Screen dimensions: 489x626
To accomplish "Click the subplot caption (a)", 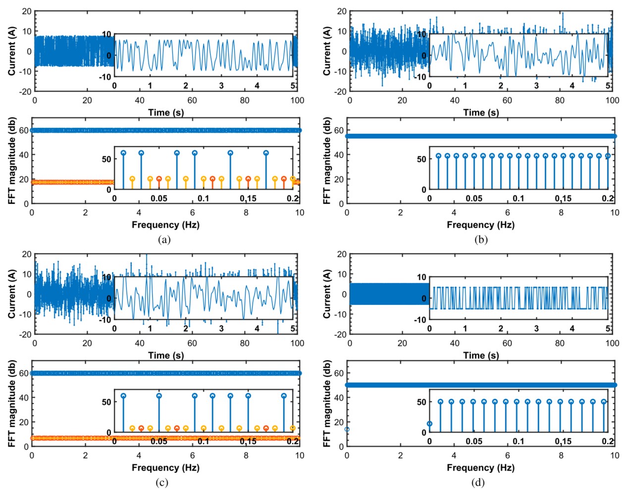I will (x=164, y=240).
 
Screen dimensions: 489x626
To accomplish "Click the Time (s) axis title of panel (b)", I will (x=481, y=112).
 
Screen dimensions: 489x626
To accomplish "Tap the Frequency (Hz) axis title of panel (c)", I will (x=165, y=468).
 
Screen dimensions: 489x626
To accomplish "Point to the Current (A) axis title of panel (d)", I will (x=327, y=294).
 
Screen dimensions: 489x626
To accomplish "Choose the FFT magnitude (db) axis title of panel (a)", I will (x=12, y=161).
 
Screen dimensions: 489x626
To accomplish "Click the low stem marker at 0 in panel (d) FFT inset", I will (x=429, y=424).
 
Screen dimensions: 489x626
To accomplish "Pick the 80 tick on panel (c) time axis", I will (x=245, y=343).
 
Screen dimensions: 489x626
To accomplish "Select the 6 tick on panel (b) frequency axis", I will (x=508, y=213).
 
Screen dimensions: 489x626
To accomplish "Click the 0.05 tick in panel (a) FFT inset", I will (x=159, y=198).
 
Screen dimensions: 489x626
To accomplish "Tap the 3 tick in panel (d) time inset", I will (x=536, y=329).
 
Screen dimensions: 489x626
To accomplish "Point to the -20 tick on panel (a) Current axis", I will (x=25, y=92).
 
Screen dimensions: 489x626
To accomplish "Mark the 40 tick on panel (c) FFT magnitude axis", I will (x=24, y=397).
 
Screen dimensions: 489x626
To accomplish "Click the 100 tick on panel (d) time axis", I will (x=612, y=343).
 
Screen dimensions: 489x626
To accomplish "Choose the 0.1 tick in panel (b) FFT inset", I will (x=519, y=198).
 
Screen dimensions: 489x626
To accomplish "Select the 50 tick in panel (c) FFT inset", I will (x=106, y=402).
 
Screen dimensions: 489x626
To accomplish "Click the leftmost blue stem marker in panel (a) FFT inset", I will (x=123, y=153).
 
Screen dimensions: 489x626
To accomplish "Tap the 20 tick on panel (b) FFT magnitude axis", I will (x=339, y=179).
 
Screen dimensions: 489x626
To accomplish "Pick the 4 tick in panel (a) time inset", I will (x=257, y=86).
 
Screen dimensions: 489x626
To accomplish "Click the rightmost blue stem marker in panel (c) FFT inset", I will (x=284, y=396).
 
